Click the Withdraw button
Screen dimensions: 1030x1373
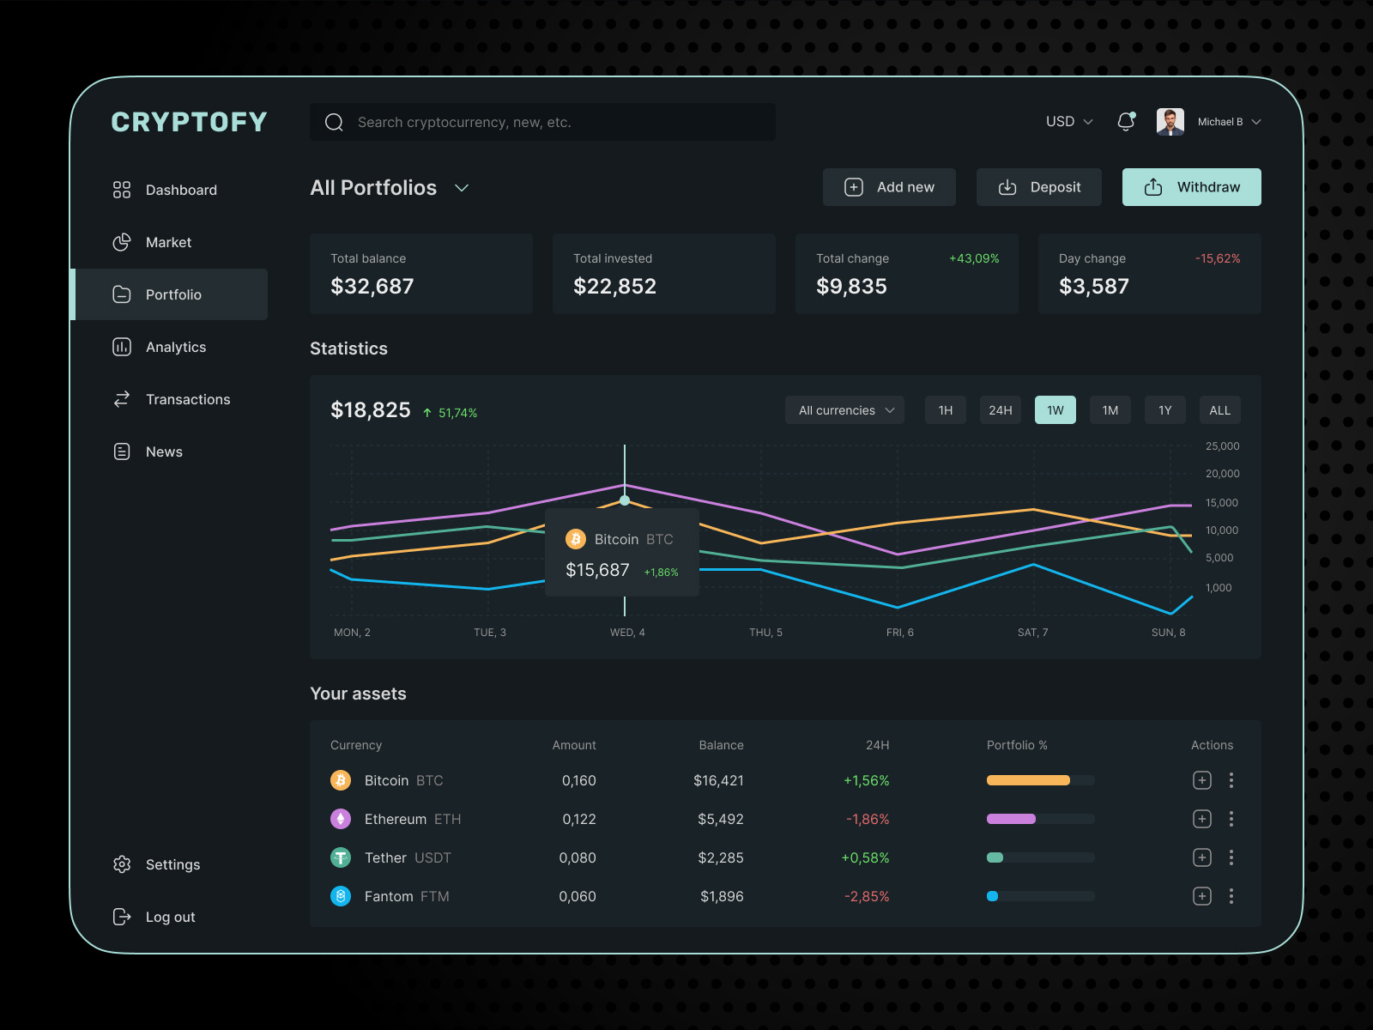point(1191,187)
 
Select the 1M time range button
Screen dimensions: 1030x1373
point(1110,410)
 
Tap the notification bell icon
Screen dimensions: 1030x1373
point(1126,122)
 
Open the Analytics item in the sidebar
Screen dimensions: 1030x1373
point(175,347)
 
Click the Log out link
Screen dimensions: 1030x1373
point(170,917)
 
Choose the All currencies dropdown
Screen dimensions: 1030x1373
point(845,410)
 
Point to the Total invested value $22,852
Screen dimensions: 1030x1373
point(614,286)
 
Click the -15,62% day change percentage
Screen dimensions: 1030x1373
point(1218,258)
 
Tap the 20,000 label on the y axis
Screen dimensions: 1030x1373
point(1222,474)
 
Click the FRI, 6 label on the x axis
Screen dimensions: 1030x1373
point(899,633)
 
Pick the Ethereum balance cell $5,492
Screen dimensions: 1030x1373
point(720,819)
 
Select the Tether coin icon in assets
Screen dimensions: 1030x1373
point(341,857)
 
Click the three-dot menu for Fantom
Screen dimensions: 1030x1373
point(1231,896)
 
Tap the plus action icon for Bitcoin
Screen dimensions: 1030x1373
point(1202,780)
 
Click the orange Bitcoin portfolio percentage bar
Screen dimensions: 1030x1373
point(1028,780)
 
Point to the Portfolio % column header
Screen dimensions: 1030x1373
point(1017,745)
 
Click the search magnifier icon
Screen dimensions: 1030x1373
point(334,123)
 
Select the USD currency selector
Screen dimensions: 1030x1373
point(1068,122)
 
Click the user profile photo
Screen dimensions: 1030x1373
point(1170,122)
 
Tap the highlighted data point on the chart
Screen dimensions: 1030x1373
point(625,500)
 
